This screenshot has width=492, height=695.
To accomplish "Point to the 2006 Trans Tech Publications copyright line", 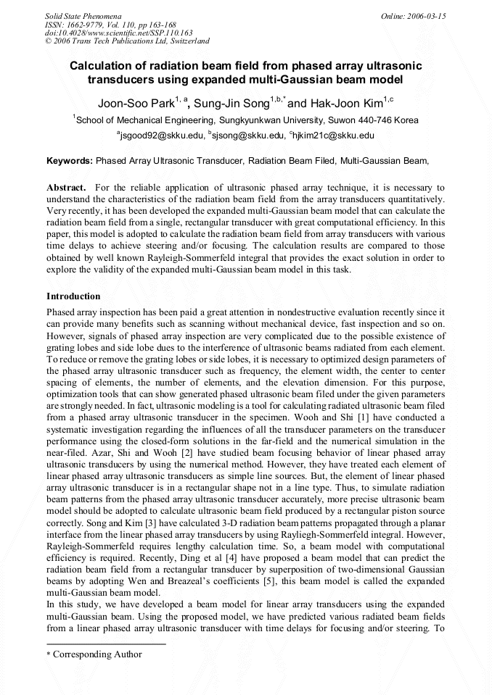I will [x=127, y=41].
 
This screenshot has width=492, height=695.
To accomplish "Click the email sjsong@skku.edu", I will [x=248, y=136].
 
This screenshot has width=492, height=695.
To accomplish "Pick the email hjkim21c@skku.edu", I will [x=334, y=136].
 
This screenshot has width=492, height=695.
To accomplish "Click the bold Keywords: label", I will [x=70, y=161].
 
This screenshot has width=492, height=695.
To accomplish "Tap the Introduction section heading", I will [x=73, y=296].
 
